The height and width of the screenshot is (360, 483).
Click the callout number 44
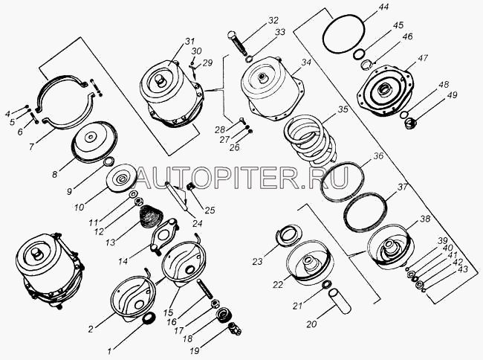(x=383, y=7)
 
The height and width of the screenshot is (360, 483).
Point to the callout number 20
(x=311, y=324)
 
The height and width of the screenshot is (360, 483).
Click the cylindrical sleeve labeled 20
(x=340, y=301)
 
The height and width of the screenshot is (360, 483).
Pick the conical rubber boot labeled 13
(x=152, y=216)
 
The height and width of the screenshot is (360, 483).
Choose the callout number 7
(x=31, y=147)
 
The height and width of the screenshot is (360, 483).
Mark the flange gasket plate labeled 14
(x=163, y=236)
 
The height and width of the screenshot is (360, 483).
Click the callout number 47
(x=423, y=57)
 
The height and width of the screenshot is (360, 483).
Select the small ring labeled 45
(x=359, y=54)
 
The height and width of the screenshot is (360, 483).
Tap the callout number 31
(x=189, y=42)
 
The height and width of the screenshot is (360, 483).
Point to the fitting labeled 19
(x=235, y=329)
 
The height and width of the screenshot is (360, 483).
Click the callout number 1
(x=110, y=350)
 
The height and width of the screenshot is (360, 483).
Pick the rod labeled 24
(x=176, y=196)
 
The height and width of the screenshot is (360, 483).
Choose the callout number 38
(x=425, y=219)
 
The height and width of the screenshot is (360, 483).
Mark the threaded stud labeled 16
(x=204, y=289)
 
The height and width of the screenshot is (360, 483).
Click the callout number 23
(x=258, y=262)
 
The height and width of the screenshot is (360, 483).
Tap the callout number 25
(x=210, y=210)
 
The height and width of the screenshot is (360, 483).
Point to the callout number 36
(x=378, y=156)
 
